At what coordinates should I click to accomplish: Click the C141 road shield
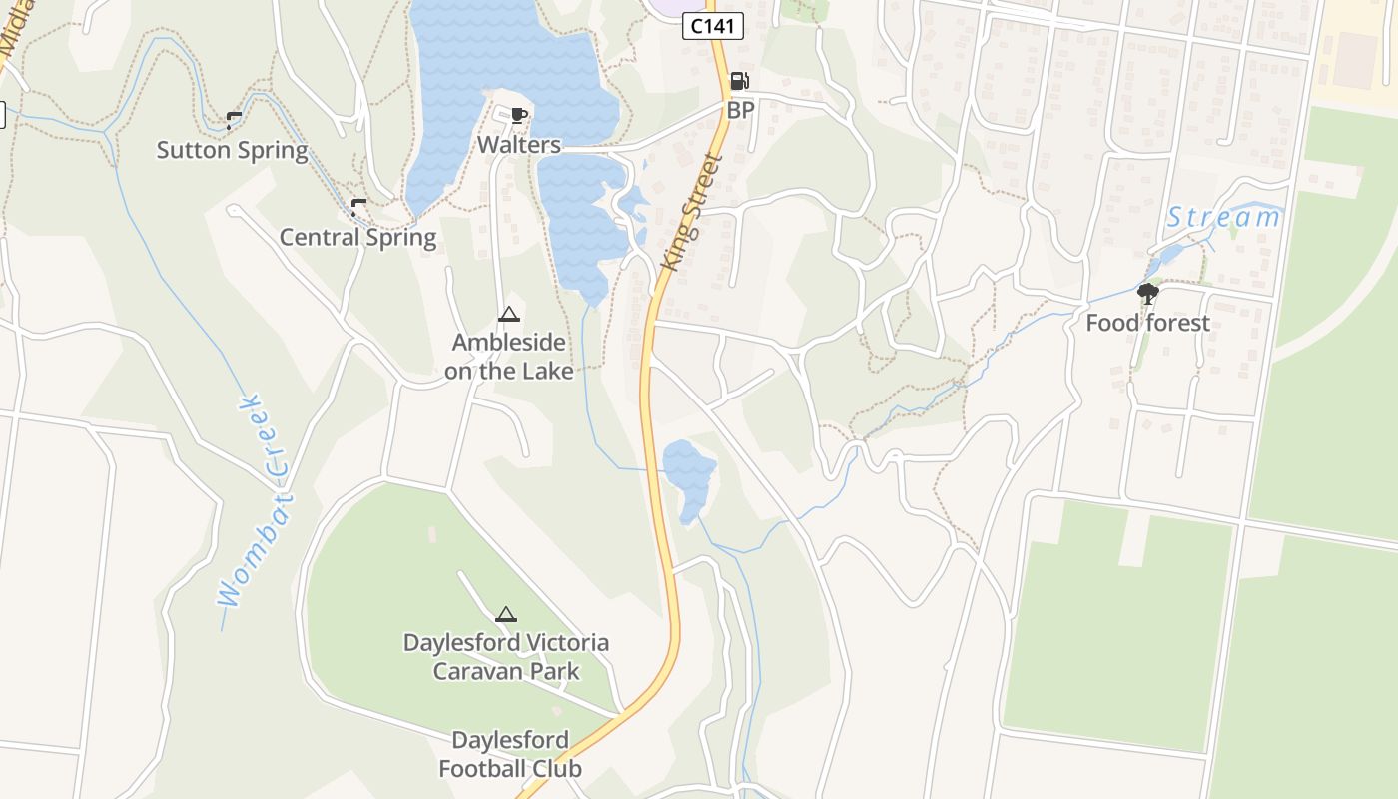pyautogui.click(x=713, y=27)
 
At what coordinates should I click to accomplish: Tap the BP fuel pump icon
pyautogui.click(x=739, y=82)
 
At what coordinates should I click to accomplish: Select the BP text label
pyautogui.click(x=740, y=110)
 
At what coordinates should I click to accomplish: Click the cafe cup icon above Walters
pyautogui.click(x=518, y=115)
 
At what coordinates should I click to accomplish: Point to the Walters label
pyautogui.click(x=518, y=145)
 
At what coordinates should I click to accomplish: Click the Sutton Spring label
pyautogui.click(x=232, y=151)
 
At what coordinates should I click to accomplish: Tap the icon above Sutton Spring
pyautogui.click(x=234, y=121)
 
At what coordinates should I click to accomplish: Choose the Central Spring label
pyautogui.click(x=357, y=238)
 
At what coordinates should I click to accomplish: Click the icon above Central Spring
pyautogui.click(x=358, y=208)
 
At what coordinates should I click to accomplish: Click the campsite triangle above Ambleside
pyautogui.click(x=509, y=315)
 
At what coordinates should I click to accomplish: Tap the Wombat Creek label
pyautogui.click(x=253, y=499)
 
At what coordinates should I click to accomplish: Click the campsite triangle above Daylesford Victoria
pyautogui.click(x=506, y=614)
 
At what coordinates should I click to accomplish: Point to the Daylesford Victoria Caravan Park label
pyautogui.click(x=506, y=656)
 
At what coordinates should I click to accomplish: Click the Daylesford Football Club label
pyautogui.click(x=510, y=754)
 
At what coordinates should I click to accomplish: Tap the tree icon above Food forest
pyautogui.click(x=1148, y=294)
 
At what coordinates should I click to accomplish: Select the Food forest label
pyautogui.click(x=1147, y=323)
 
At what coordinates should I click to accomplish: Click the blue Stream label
pyautogui.click(x=1223, y=217)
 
